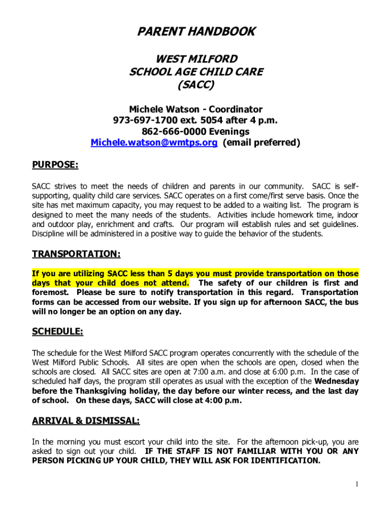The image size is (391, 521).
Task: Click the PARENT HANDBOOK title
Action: (x=195, y=32)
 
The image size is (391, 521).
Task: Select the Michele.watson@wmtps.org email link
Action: (x=154, y=143)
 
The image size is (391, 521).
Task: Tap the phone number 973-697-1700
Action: (x=143, y=121)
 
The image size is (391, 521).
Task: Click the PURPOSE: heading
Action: (x=55, y=165)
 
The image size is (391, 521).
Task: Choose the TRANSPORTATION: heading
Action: (x=76, y=254)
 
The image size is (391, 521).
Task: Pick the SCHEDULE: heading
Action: (x=57, y=332)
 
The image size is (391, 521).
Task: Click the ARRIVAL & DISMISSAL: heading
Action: (x=86, y=421)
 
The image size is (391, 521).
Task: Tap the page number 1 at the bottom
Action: (x=357, y=484)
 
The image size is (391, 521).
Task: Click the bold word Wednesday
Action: (x=337, y=381)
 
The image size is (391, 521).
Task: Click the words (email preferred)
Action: (x=262, y=143)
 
